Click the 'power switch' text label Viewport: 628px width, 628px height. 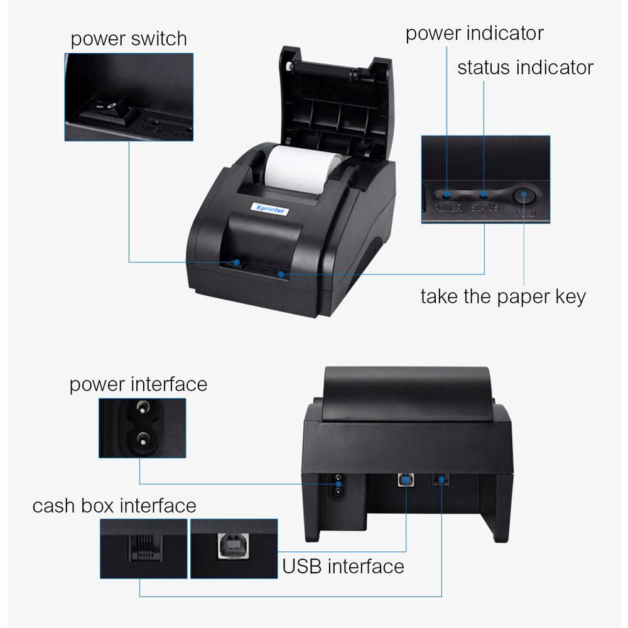point(129,39)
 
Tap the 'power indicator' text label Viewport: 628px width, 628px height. point(474,33)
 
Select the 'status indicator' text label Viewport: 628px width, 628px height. point(525,67)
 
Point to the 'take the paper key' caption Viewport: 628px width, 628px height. point(502,296)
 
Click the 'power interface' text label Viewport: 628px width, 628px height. point(138,384)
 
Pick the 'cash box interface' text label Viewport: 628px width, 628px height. point(114,506)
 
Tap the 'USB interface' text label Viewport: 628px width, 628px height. point(343,566)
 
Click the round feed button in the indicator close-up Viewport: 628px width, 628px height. point(523,197)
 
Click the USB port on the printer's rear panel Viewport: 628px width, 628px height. point(405,480)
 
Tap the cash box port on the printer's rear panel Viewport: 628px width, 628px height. point(441,480)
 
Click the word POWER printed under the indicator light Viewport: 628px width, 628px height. point(448,207)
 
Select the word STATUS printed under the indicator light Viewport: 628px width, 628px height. point(484,207)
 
